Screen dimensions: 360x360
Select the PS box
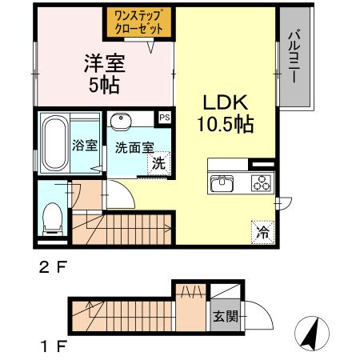coord(164,118)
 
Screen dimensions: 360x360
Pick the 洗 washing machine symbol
coord(160,162)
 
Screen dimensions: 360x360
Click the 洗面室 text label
coord(130,148)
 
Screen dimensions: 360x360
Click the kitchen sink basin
coord(222,183)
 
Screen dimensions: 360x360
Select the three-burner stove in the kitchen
coord(261,182)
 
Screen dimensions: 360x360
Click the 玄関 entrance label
coord(224,316)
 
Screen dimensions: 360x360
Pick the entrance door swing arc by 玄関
coord(258,313)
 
